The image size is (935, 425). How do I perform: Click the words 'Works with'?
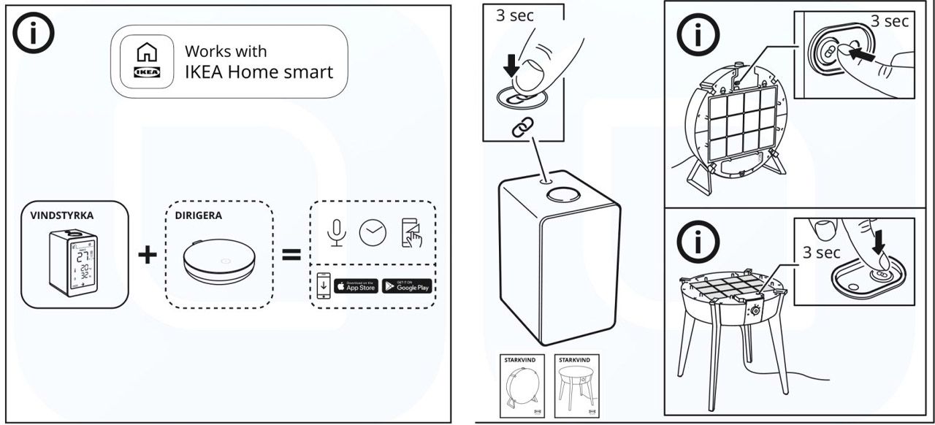(x=226, y=51)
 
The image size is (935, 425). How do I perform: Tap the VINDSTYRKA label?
(x=63, y=217)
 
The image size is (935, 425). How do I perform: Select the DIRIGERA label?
(x=199, y=217)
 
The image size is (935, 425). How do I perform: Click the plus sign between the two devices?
(x=148, y=254)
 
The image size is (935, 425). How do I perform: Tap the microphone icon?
(x=335, y=231)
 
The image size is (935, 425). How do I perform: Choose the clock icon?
(x=373, y=231)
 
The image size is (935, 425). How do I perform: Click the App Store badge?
(x=356, y=286)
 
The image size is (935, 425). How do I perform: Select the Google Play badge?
(x=407, y=286)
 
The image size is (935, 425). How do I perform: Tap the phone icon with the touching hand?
(x=411, y=233)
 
